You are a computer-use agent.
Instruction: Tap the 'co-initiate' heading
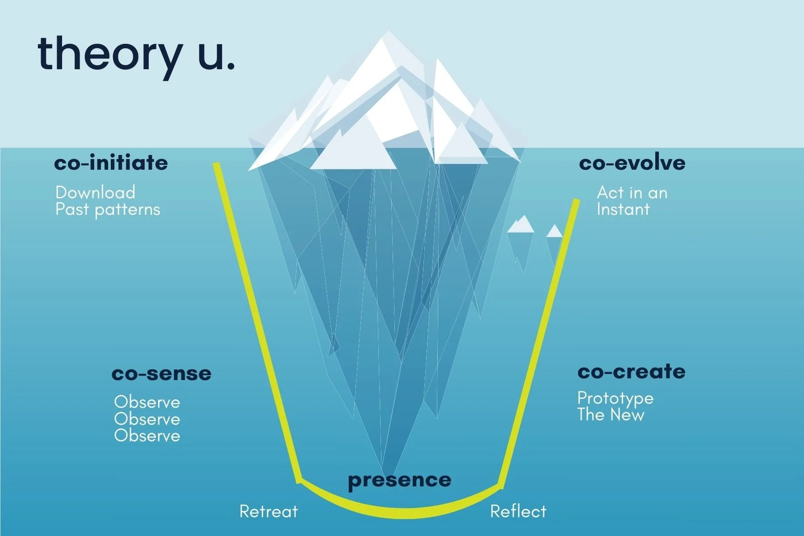[111, 163]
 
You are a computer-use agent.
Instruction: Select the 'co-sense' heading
[161, 373]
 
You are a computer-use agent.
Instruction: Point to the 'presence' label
[399, 481]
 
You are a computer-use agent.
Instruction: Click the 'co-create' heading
[631, 372]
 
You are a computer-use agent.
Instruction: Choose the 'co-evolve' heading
[632, 163]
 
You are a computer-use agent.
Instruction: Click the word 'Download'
[95, 193]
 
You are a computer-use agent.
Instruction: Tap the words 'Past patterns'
[108, 209]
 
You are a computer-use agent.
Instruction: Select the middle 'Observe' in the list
[147, 419]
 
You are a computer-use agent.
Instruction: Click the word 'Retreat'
[268, 511]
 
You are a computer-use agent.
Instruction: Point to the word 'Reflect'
[518, 511]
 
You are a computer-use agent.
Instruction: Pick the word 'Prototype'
[615, 398]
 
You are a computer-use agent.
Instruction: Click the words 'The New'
[611, 415]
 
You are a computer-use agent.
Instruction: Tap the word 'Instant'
[623, 209]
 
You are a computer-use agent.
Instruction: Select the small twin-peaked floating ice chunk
[521, 225]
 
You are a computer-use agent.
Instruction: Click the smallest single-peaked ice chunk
[554, 231]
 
